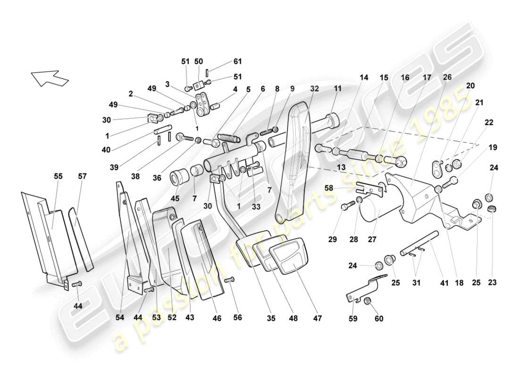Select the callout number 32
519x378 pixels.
pyautogui.click(x=315, y=88)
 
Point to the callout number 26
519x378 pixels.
pyautogui.click(x=447, y=77)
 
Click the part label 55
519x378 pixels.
pyautogui.click(x=58, y=176)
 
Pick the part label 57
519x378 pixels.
pyautogui.click(x=83, y=176)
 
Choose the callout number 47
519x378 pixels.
pyautogui.click(x=317, y=318)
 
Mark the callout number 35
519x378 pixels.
pyautogui.click(x=271, y=318)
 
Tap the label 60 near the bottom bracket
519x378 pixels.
pyautogui.click(x=379, y=318)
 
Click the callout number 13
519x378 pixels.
pyautogui.click(x=341, y=168)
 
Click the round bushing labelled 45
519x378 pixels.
pyautogui.click(x=180, y=178)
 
